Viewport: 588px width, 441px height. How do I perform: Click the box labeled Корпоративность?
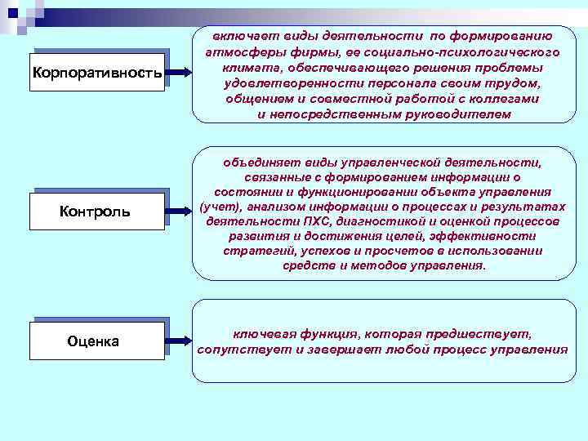[x=96, y=74]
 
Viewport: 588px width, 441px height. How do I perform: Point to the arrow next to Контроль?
[x=179, y=212]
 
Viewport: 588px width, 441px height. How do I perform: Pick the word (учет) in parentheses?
[x=217, y=207]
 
